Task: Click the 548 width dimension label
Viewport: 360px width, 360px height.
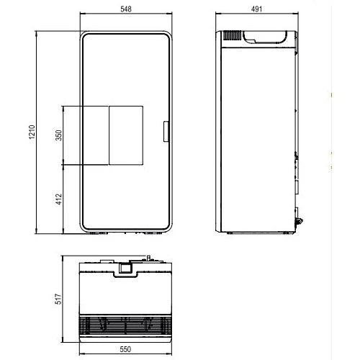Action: [126, 9]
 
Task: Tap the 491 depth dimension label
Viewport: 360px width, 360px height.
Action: [256, 9]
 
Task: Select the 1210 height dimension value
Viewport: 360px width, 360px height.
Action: [32, 132]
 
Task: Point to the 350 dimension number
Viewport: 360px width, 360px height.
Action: [58, 135]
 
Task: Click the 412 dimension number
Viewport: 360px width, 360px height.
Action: [58, 199]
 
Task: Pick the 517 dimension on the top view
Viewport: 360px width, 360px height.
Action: [58, 299]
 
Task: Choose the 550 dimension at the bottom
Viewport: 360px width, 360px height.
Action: [125, 349]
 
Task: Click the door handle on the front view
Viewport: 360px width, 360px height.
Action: [166, 132]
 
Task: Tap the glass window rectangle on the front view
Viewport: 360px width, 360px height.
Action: [126, 135]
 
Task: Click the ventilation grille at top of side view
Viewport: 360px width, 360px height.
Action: [233, 35]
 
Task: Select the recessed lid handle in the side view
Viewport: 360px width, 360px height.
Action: [265, 37]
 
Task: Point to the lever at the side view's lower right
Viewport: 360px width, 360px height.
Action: [299, 221]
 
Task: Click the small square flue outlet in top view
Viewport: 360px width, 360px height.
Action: [125, 268]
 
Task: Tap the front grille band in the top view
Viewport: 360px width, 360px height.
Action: [125, 325]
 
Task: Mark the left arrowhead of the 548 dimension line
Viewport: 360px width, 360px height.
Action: [82, 14]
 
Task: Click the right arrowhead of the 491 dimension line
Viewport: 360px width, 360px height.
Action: [297, 14]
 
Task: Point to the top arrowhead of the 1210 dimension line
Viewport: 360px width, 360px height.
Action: [36, 33]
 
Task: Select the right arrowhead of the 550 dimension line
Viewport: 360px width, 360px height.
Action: [170, 354]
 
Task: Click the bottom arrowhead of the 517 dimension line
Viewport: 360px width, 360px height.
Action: [63, 340]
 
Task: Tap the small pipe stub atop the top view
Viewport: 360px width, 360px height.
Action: [148, 258]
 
